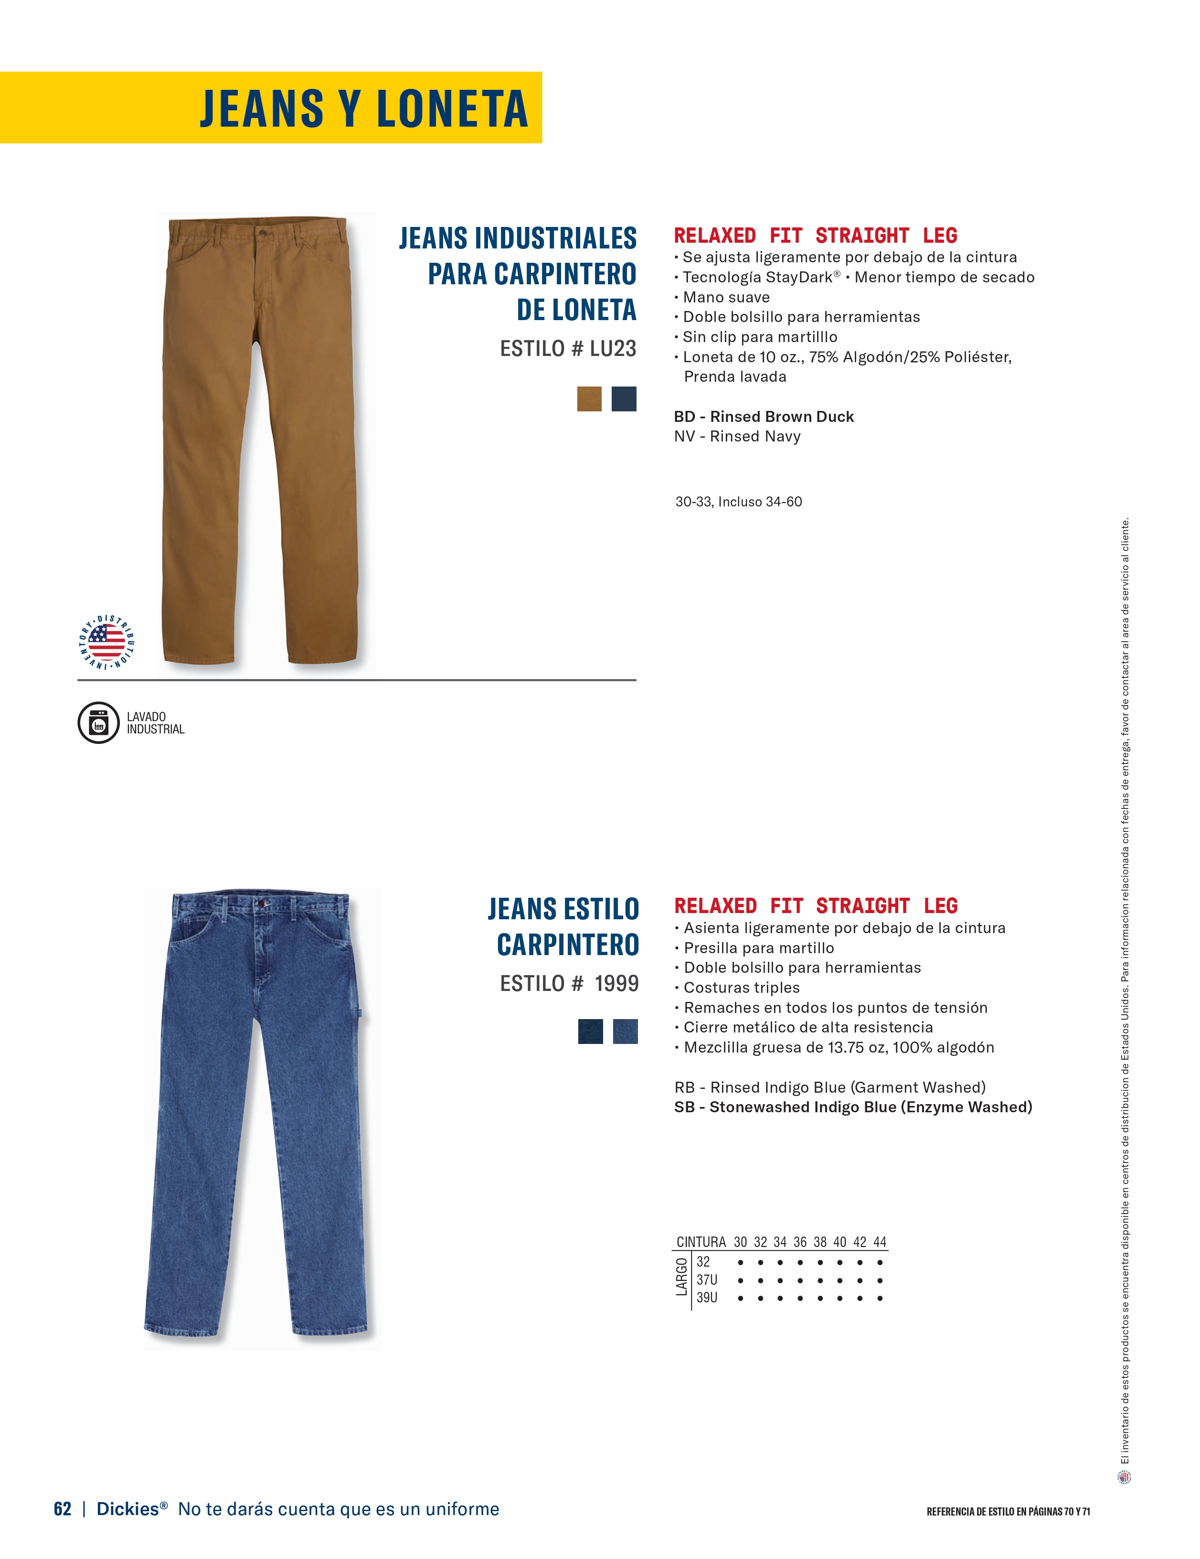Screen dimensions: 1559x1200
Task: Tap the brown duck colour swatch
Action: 589,399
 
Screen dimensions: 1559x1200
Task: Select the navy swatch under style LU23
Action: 624,399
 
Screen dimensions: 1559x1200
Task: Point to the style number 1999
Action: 616,984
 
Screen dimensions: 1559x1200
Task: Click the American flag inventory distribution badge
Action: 106,641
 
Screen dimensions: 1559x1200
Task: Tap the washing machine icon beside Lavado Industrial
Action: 98,722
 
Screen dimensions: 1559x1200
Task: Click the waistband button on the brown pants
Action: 265,234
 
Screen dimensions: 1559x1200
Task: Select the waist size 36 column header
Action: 800,1242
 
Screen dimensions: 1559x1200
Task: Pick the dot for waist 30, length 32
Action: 741,1261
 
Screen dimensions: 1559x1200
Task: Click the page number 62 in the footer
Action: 63,1508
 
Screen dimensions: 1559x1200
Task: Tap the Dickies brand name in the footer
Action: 127,1508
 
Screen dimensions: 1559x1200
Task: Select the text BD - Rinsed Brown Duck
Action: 764,417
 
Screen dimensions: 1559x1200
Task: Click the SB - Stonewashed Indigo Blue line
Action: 852,1107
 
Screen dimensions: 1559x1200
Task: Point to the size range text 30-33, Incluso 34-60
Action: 738,502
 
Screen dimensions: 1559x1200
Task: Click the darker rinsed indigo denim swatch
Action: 590,1032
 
